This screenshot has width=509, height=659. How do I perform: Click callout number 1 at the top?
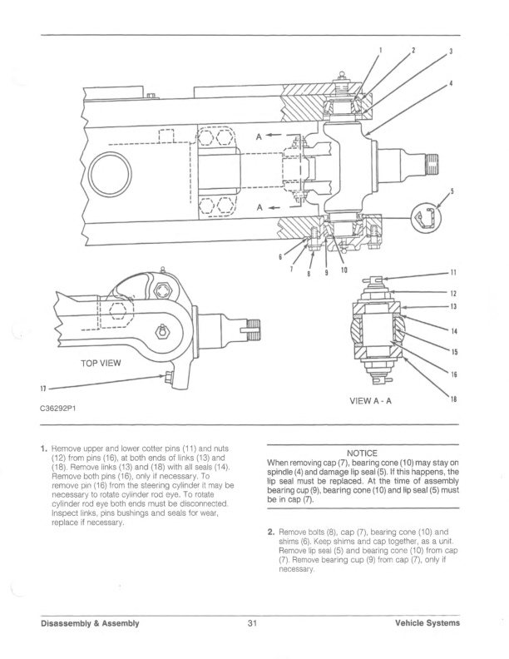point(381,49)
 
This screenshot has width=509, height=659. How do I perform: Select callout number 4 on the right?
point(450,83)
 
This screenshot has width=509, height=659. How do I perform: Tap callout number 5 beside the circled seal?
point(452,191)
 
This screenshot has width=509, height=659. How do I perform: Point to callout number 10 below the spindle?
point(343,270)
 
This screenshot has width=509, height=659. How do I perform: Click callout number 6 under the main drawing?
point(279,257)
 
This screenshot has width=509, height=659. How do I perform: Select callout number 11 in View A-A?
point(453,273)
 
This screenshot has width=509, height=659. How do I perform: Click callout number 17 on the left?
point(42,389)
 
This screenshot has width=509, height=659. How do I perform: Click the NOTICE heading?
point(362,453)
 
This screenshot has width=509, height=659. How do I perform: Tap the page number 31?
point(253,622)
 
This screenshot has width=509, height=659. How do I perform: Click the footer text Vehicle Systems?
point(427,622)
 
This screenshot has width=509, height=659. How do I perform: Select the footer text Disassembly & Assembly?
point(91,622)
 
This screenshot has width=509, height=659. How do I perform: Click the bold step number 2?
point(270,530)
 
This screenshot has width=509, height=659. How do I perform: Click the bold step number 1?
point(45,448)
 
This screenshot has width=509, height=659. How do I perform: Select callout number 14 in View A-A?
point(453,332)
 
